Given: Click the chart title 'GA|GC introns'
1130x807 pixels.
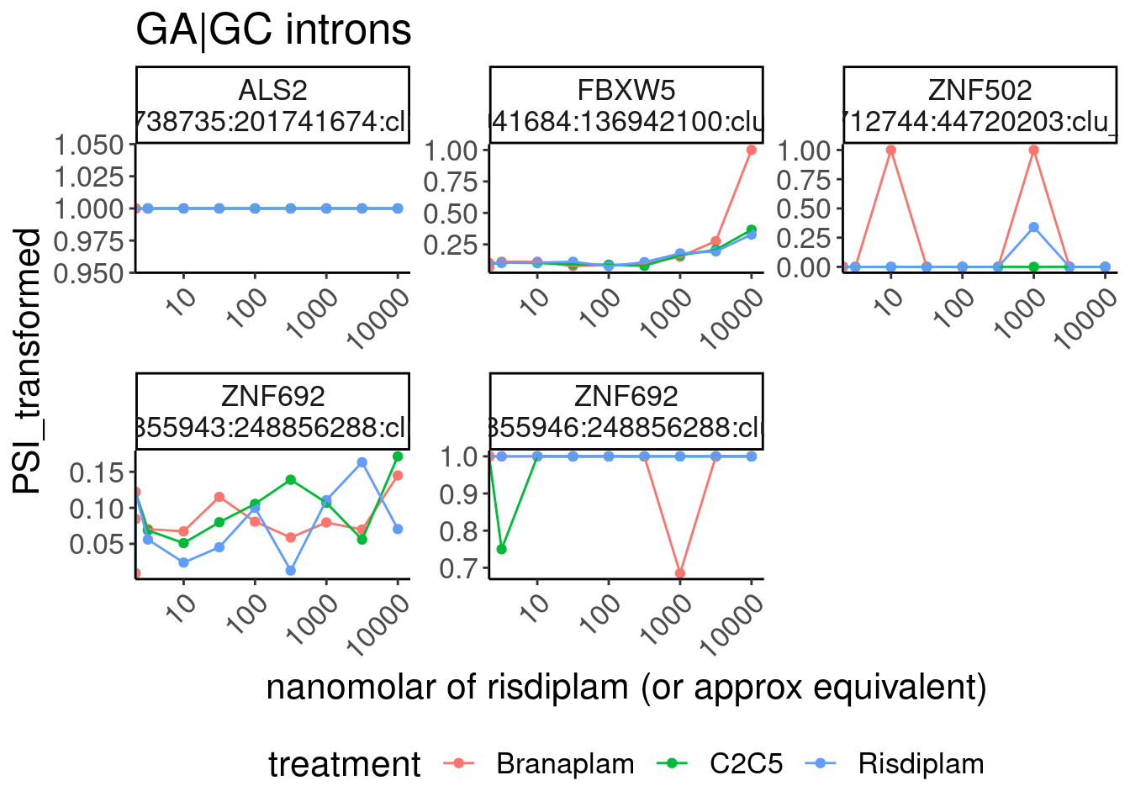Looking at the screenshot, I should (273, 30).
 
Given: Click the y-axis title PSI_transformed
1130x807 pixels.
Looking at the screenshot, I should (27, 361).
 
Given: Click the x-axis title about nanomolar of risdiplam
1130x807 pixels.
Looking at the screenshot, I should (626, 688).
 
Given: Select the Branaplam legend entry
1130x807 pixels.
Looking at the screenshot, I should (565, 764).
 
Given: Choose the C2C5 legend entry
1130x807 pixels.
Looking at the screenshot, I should (746, 764).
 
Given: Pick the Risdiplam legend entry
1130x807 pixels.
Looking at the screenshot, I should (921, 764).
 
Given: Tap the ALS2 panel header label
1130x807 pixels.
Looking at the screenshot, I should (272, 90).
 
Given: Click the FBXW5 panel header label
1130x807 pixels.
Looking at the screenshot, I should (626, 90).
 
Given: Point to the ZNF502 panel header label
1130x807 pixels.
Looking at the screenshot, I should (980, 90).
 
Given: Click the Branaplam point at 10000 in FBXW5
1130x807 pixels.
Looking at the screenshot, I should (752, 150).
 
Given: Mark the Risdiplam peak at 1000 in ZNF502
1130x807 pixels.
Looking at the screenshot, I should (1033, 228).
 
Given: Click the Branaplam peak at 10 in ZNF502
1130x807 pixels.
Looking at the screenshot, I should (891, 150).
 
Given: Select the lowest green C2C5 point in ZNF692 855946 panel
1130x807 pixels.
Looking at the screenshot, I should (502, 549).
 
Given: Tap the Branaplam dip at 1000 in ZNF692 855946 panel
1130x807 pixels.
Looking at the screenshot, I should (680, 573).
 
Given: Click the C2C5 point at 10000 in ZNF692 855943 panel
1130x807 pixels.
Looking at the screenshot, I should (398, 456).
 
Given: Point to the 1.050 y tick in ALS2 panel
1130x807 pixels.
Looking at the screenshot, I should (89, 145).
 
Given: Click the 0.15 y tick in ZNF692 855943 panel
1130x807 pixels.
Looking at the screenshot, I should (97, 472).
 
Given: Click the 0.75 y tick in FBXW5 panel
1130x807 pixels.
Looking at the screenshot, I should (451, 182).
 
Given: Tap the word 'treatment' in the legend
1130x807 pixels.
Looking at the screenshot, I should (345, 765).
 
